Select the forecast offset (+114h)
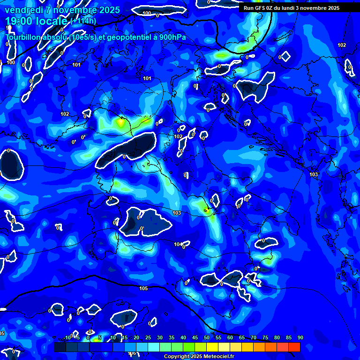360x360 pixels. click(x=83, y=21)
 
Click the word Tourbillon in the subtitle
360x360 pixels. click(x=22, y=37)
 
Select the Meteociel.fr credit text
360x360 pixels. click(x=217, y=357)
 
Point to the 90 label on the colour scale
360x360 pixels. click(x=300, y=338)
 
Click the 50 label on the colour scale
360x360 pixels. click(x=207, y=338)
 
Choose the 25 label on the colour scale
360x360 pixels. click(x=148, y=338)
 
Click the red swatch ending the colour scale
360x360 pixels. click(x=294, y=347)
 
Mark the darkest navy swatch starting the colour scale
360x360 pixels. click(x=60, y=347)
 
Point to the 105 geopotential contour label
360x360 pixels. click(x=143, y=288)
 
